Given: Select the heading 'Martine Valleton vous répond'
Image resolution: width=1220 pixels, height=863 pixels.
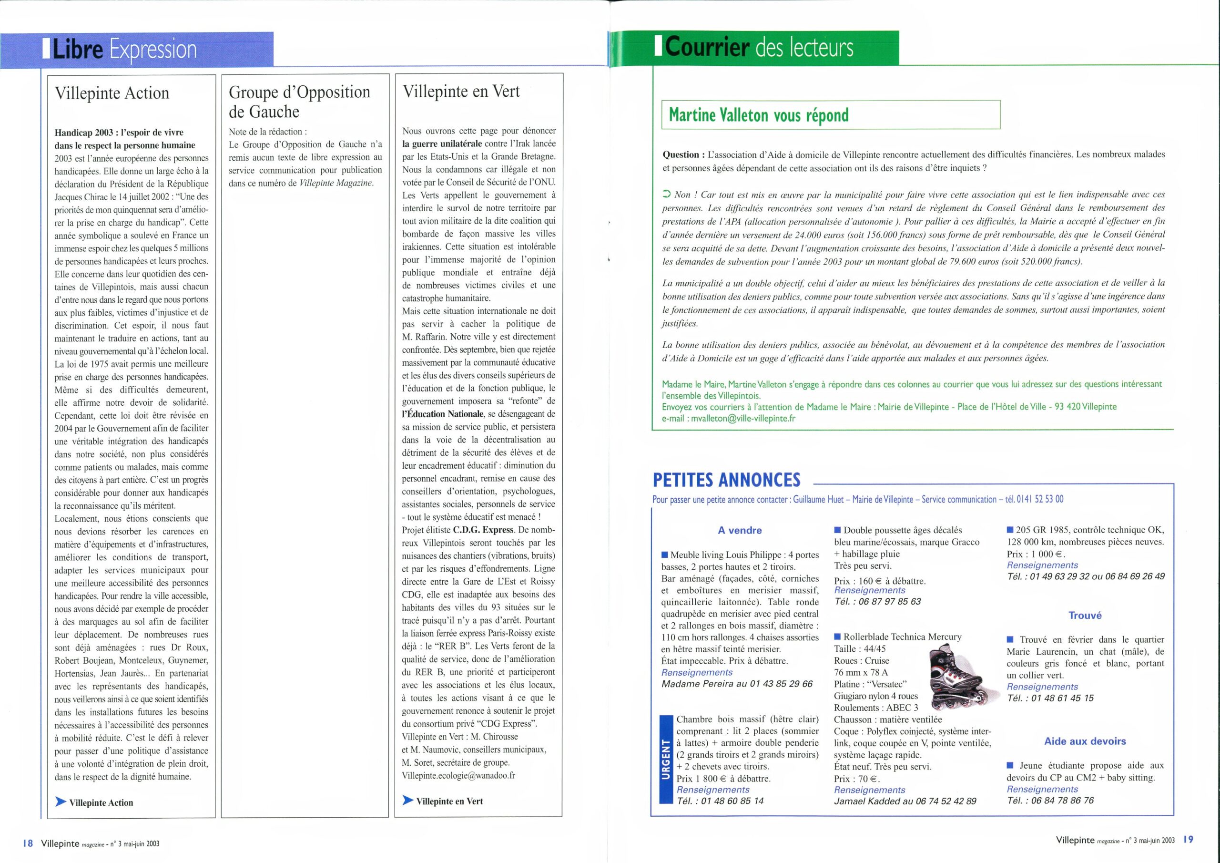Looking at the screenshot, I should click(759, 115).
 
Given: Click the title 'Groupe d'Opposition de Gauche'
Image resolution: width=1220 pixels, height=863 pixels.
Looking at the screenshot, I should click(299, 102).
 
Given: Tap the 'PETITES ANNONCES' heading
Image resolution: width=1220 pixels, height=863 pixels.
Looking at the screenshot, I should click(726, 480).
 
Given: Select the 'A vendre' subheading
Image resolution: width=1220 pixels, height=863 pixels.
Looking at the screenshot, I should click(740, 530).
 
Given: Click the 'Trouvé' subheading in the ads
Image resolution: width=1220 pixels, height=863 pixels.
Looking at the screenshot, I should click(1085, 615).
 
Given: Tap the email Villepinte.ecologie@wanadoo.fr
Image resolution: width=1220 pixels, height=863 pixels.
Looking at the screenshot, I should click(458, 775).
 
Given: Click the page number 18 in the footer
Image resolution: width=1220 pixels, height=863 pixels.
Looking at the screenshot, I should click(28, 843).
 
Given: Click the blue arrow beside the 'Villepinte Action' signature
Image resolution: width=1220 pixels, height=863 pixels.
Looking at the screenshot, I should click(61, 802).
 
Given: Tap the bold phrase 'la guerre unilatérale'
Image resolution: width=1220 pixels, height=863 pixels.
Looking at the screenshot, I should click(442, 144).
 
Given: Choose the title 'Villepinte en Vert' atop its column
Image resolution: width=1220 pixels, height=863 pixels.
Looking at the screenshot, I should click(461, 92).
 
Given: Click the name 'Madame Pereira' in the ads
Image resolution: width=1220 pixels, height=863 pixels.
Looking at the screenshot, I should click(697, 684).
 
